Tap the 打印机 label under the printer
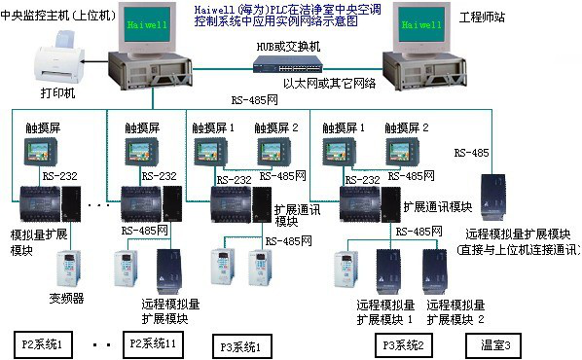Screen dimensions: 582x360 55,98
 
